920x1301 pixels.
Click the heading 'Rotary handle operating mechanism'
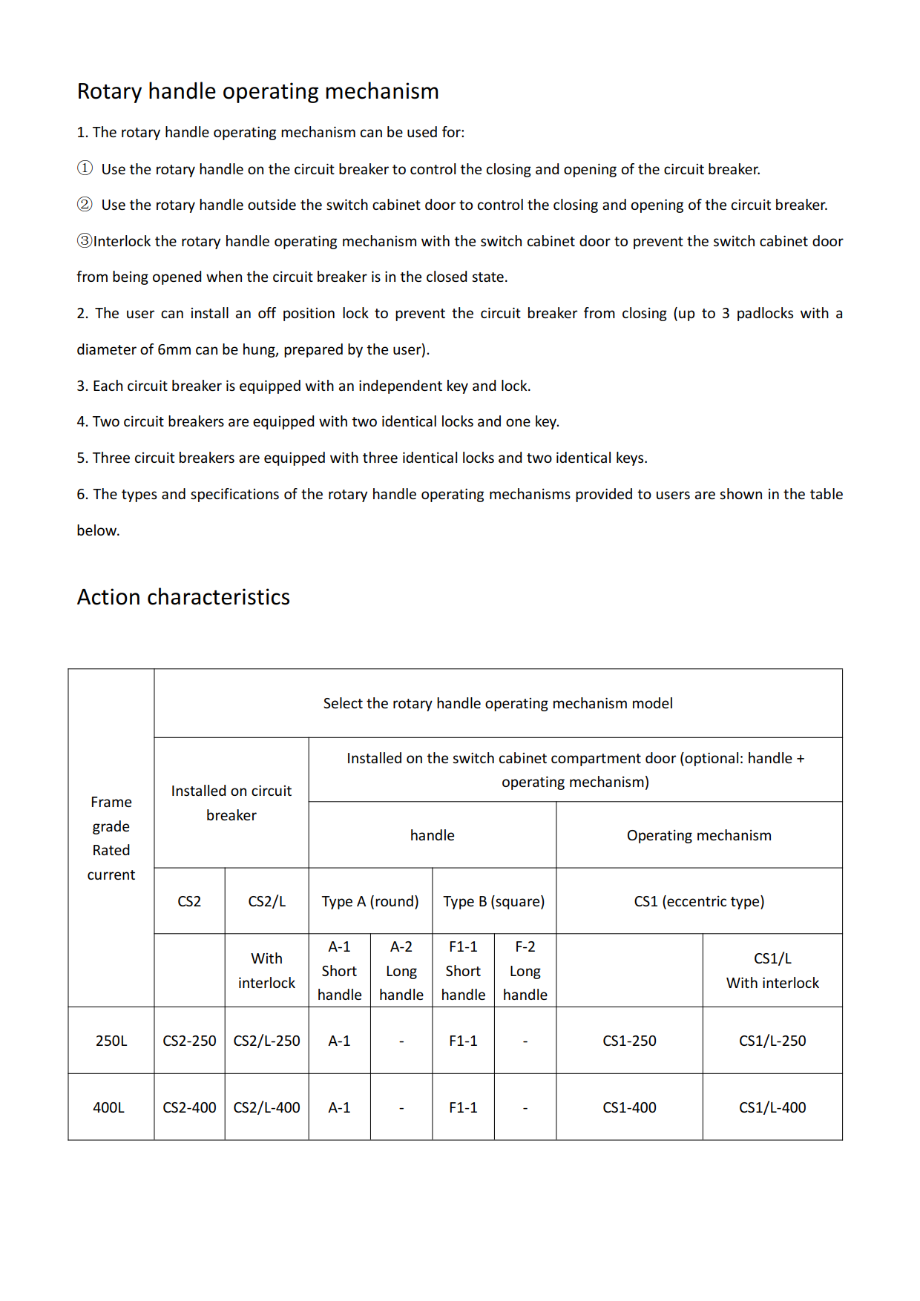coord(257,91)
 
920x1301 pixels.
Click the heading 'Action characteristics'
coord(183,597)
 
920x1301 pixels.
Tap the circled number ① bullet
coord(85,168)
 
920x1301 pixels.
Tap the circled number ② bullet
coord(85,204)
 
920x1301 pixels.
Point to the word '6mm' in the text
coord(174,349)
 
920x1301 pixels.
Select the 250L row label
coord(111,1041)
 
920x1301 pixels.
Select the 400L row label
coord(109,1107)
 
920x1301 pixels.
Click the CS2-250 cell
coord(189,1041)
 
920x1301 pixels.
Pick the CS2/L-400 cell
coord(266,1107)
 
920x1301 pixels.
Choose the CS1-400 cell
coord(629,1107)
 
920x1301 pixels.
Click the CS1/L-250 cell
coord(772,1041)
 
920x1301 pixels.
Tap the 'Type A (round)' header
coord(370,901)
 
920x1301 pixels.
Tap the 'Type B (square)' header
coord(494,901)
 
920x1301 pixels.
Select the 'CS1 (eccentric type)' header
coord(699,901)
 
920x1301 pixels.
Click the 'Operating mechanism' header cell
coord(699,835)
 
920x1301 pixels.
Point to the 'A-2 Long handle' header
coord(401,970)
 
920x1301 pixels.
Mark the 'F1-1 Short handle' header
coord(463,970)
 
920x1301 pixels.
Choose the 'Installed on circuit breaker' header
coord(231,803)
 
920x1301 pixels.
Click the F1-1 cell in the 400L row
coord(463,1107)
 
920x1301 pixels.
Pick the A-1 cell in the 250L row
coord(339,1041)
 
